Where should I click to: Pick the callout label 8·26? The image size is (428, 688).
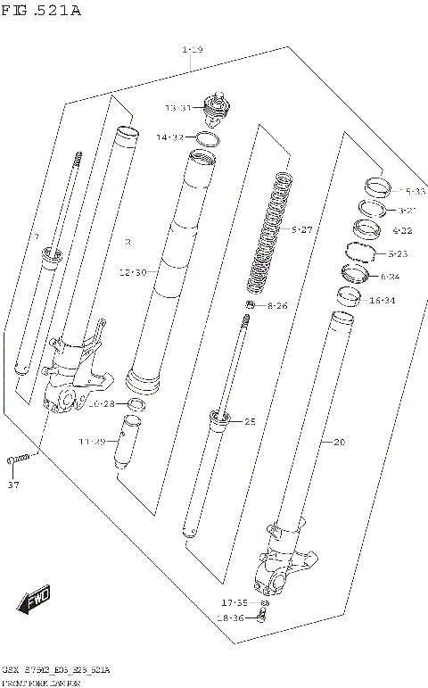tap(276, 306)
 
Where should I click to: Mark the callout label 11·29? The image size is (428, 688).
tap(92, 442)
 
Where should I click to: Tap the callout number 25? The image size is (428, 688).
tap(250, 421)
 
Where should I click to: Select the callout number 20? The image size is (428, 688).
tap(339, 442)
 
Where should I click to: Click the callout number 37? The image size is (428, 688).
tap(12, 485)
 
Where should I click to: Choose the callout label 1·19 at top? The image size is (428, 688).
tap(193, 50)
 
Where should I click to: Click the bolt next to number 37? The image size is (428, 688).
tap(23, 459)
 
